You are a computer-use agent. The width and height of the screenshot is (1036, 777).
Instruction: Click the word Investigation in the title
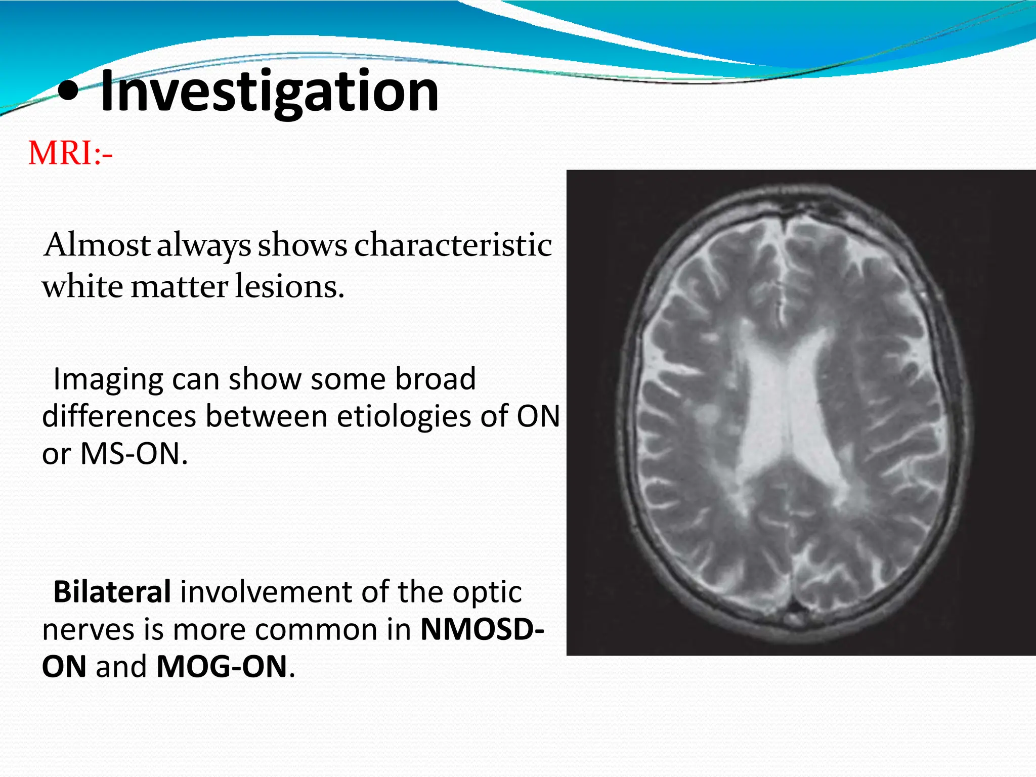coord(269,92)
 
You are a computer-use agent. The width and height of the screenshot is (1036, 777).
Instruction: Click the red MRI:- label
coord(70,153)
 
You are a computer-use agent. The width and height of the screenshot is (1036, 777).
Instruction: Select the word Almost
coord(97,245)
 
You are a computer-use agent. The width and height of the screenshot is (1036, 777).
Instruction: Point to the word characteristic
coord(452,245)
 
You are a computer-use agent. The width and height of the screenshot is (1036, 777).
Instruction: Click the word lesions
coord(289,287)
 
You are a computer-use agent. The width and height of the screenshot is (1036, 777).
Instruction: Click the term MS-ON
coord(134,454)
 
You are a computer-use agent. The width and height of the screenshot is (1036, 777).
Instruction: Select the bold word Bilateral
coord(112,592)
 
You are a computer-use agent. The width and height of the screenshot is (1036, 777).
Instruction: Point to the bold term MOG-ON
coord(222,667)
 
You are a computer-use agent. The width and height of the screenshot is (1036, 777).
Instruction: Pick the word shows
coord(302,245)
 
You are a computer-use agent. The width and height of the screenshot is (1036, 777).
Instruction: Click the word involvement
coord(285,592)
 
